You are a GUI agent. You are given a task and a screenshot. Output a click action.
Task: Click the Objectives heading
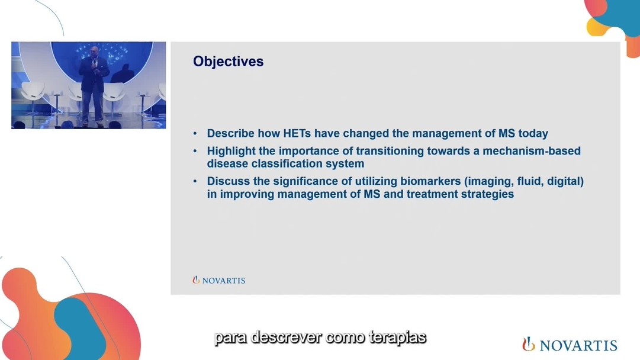tap(228, 62)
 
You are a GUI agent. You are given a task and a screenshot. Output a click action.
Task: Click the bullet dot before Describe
tap(195, 133)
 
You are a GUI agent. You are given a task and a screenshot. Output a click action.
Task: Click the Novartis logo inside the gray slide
tap(219, 280)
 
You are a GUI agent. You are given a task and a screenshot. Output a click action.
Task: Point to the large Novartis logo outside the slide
tap(570, 345)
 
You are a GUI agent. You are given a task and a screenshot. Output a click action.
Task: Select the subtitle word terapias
tap(397, 338)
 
